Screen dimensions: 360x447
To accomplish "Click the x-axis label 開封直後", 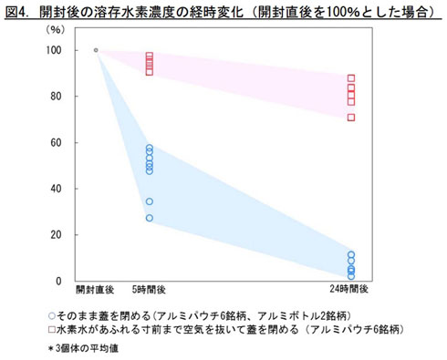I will coord(95,290).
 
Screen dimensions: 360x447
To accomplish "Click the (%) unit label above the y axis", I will coord(56,30).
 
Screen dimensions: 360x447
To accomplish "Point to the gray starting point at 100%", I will coord(96,50).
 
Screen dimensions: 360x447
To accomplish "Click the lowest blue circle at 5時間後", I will coord(150,218).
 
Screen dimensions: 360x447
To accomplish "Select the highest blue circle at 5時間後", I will coord(150,148).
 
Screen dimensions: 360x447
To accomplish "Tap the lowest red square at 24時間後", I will coord(351,118).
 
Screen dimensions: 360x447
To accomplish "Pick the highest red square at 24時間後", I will coord(351,78).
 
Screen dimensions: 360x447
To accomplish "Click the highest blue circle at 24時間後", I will coord(351,255).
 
